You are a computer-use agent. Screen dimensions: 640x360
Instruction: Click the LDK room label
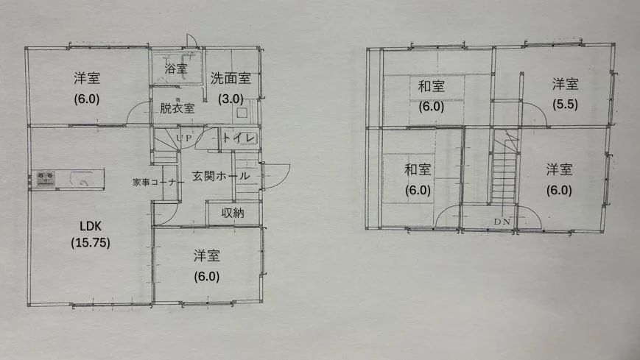[90, 226]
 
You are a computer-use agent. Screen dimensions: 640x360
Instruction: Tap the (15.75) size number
[90, 243]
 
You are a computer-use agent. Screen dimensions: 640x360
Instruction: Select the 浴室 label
[176, 68]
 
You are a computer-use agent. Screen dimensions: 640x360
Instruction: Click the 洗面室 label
[231, 78]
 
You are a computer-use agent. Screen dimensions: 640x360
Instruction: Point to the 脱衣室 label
[177, 108]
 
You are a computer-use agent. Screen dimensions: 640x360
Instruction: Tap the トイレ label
[239, 138]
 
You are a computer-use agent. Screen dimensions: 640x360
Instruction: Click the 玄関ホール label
[221, 176]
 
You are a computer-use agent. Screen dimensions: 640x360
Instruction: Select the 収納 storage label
[233, 213]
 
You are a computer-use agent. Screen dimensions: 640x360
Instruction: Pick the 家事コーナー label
[158, 182]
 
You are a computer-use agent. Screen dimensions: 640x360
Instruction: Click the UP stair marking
[184, 138]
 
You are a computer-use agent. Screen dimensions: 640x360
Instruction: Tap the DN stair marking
[502, 222]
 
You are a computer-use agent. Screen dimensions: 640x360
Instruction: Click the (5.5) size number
[566, 105]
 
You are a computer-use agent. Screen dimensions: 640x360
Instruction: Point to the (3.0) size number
[231, 99]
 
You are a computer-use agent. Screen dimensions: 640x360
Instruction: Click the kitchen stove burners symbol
[46, 178]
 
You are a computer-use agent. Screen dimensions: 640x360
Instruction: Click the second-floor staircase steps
[504, 174]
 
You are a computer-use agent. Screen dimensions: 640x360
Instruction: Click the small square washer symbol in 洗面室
[242, 113]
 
